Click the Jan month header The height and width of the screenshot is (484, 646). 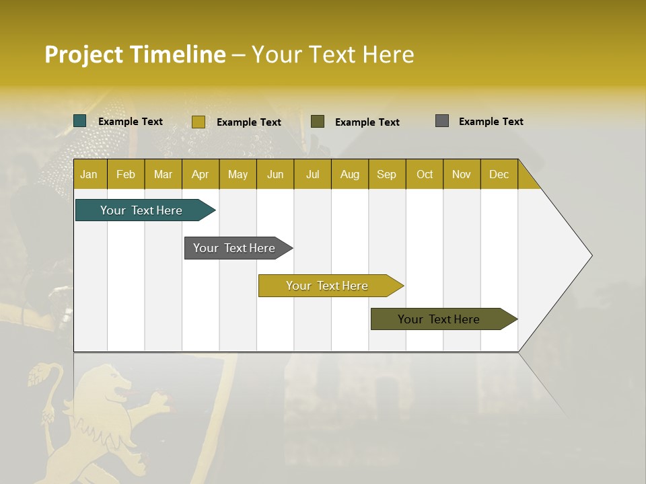(x=89, y=174)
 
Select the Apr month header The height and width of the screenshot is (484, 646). (x=201, y=174)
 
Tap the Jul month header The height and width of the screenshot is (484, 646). (x=312, y=174)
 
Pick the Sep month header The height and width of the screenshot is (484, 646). (x=386, y=174)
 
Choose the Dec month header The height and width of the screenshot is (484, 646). (x=499, y=174)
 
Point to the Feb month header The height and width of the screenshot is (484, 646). (x=126, y=174)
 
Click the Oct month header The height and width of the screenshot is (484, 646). (x=425, y=174)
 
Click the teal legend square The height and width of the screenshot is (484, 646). (x=80, y=121)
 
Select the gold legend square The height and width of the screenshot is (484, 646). (x=199, y=122)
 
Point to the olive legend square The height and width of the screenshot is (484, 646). (x=318, y=122)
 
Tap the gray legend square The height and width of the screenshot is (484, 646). (x=442, y=121)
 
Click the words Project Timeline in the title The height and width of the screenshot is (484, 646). (x=135, y=54)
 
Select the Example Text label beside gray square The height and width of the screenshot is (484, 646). (x=491, y=122)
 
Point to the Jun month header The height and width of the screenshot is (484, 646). (x=275, y=174)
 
